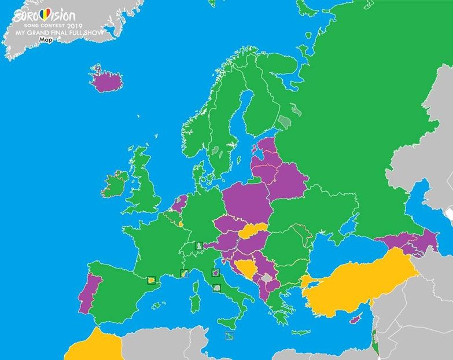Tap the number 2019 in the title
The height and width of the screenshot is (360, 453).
(x=75, y=27)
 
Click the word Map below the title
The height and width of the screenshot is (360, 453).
(x=46, y=40)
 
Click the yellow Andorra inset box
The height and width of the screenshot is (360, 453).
(x=152, y=280)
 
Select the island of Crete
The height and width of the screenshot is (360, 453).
(x=301, y=332)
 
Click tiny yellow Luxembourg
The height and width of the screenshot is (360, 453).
(x=181, y=223)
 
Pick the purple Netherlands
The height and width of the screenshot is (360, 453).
(x=180, y=202)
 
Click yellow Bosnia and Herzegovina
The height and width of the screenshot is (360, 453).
(x=249, y=268)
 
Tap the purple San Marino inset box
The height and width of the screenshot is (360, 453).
(x=215, y=273)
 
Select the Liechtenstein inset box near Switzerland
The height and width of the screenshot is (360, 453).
(x=200, y=246)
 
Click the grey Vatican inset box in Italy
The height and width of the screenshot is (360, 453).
(x=218, y=287)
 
